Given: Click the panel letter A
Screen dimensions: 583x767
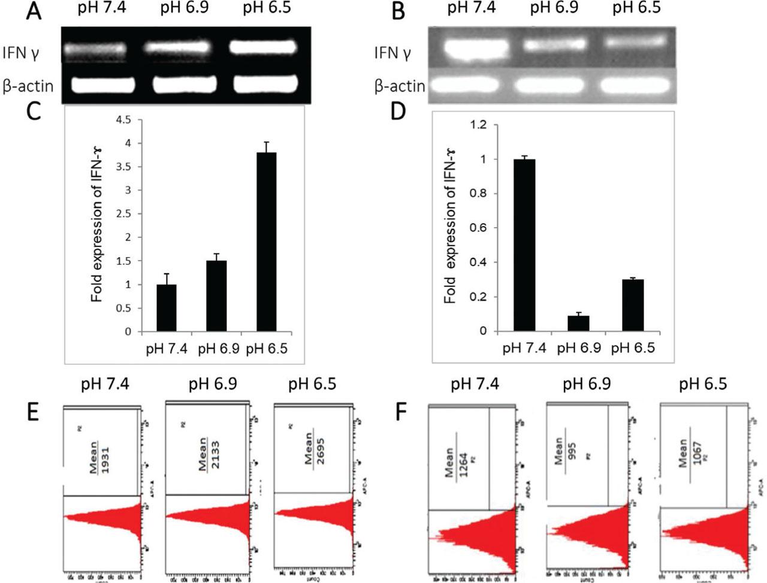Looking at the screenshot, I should tap(34, 11).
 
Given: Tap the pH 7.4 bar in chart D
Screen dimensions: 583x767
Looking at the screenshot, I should tap(524, 245).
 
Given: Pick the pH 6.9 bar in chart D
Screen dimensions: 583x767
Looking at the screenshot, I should tap(578, 323).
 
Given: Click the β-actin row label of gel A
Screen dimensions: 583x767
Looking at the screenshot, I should tap(27, 86).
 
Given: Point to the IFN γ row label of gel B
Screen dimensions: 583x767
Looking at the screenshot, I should tap(392, 53).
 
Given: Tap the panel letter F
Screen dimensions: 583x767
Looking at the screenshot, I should tap(404, 411).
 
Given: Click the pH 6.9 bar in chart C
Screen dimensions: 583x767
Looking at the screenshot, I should tap(216, 296).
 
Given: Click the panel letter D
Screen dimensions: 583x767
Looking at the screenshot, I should tap(397, 111).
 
